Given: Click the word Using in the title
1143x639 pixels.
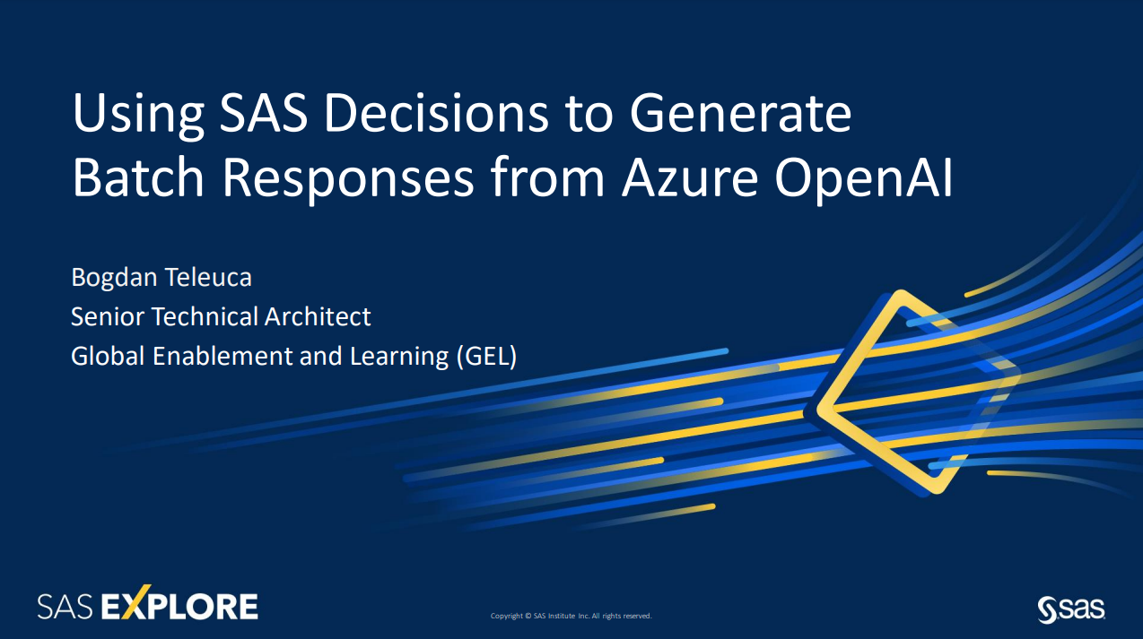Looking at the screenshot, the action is pyautogui.click(x=138, y=115).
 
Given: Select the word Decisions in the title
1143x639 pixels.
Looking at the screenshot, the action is pyautogui.click(x=436, y=112).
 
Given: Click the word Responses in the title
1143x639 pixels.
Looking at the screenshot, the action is pyautogui.click(x=348, y=180).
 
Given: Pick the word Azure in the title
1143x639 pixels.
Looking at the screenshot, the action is pyautogui.click(x=690, y=177).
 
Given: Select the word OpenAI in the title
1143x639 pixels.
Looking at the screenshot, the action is pyautogui.click(x=863, y=180).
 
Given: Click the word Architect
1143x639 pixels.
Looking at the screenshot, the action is pyautogui.click(x=318, y=317).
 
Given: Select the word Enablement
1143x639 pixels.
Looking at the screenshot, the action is pyautogui.click(x=222, y=356).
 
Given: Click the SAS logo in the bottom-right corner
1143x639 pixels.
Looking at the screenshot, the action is pyautogui.click(x=1071, y=609).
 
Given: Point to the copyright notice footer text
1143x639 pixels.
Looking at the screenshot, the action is pyautogui.click(x=571, y=616).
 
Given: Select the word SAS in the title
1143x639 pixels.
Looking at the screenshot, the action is pyautogui.click(x=264, y=112).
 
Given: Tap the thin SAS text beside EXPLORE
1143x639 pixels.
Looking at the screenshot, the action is pyautogui.click(x=65, y=607).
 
